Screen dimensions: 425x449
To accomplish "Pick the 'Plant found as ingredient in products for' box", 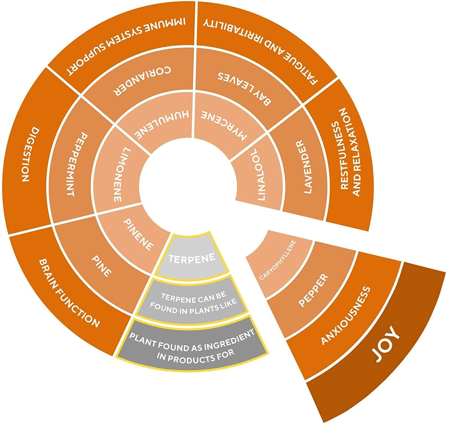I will coord(192,346).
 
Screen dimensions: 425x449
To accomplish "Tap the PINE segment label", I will coord(101,266).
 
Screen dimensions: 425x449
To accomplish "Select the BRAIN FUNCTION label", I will coord(69,293).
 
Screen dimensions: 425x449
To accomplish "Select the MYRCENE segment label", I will coord(224,126).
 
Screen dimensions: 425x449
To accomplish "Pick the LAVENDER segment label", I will coord(304,167).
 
